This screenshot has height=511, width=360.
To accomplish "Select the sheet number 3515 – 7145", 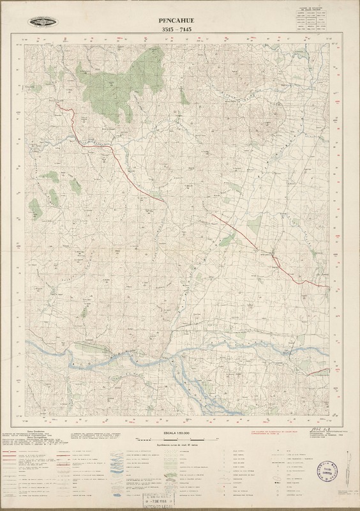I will tap(179, 29).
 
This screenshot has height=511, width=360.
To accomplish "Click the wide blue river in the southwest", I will tap(70, 351).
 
